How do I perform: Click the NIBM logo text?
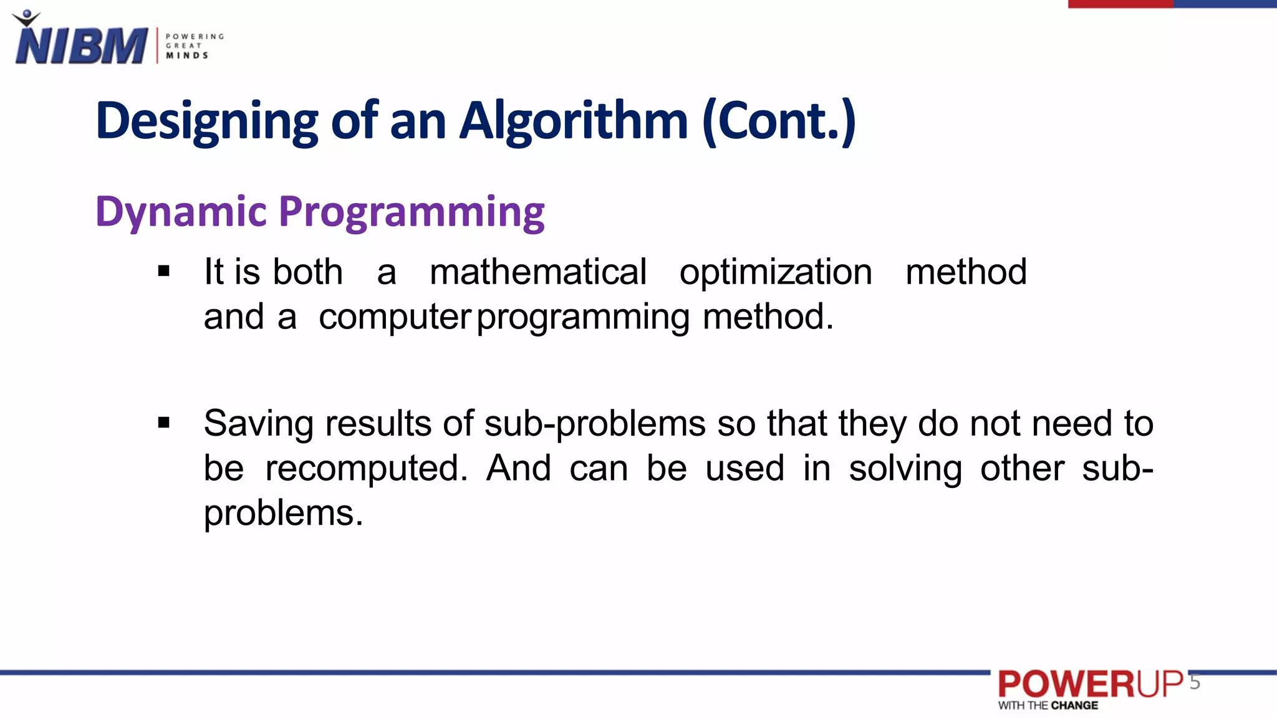(x=81, y=45)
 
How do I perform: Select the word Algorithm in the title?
(x=574, y=121)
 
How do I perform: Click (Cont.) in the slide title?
(x=779, y=121)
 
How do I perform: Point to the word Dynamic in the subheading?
(x=181, y=212)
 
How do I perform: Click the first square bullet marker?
(x=164, y=271)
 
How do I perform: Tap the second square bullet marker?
(x=164, y=423)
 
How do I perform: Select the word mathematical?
(x=538, y=272)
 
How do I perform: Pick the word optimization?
(x=776, y=272)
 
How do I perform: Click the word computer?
(x=395, y=317)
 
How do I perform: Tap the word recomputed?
(x=366, y=469)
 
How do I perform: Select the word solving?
(x=905, y=469)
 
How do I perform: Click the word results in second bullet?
(x=378, y=424)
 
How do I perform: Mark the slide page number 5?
(x=1195, y=682)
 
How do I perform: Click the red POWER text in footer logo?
(x=1067, y=684)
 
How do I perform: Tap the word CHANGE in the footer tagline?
(x=1074, y=706)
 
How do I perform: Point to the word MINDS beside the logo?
(x=187, y=55)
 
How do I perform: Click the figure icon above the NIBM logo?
(x=26, y=17)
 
